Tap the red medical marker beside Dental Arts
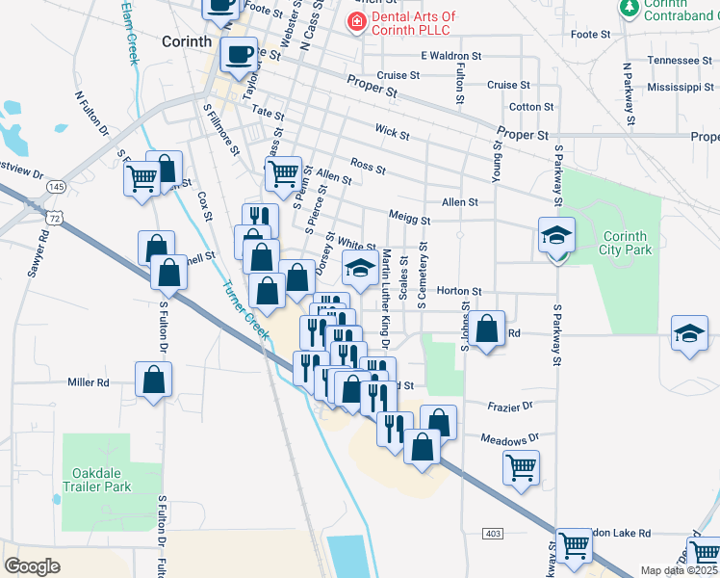pyautogui.click(x=356, y=20)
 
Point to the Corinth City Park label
pyautogui.click(x=627, y=243)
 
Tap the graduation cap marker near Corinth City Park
pyautogui.click(x=556, y=236)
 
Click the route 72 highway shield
pyautogui.click(x=58, y=220)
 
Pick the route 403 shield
pyautogui.click(x=493, y=534)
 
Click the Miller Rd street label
pyautogui.click(x=88, y=382)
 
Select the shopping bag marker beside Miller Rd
pyautogui.click(x=153, y=380)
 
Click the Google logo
pyautogui.click(x=32, y=566)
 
